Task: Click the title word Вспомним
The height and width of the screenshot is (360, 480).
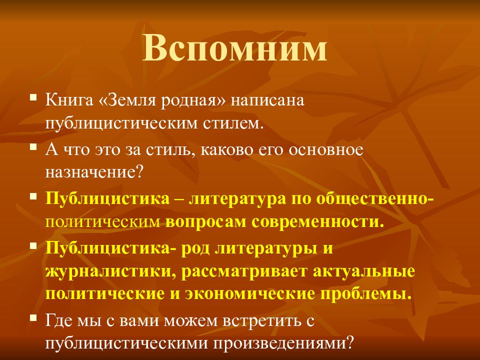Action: (235, 48)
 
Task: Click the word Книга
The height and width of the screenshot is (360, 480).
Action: (69, 100)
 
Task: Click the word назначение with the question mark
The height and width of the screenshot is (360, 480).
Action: (94, 173)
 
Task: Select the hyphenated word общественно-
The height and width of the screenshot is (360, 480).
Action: (374, 199)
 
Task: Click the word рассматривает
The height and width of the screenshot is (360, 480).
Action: (244, 271)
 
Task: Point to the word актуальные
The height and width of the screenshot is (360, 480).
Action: (364, 271)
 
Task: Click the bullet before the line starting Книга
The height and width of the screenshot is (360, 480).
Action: (33, 98)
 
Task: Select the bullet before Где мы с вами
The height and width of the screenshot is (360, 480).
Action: (33, 318)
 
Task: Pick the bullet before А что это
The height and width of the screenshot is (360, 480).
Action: (33, 147)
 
